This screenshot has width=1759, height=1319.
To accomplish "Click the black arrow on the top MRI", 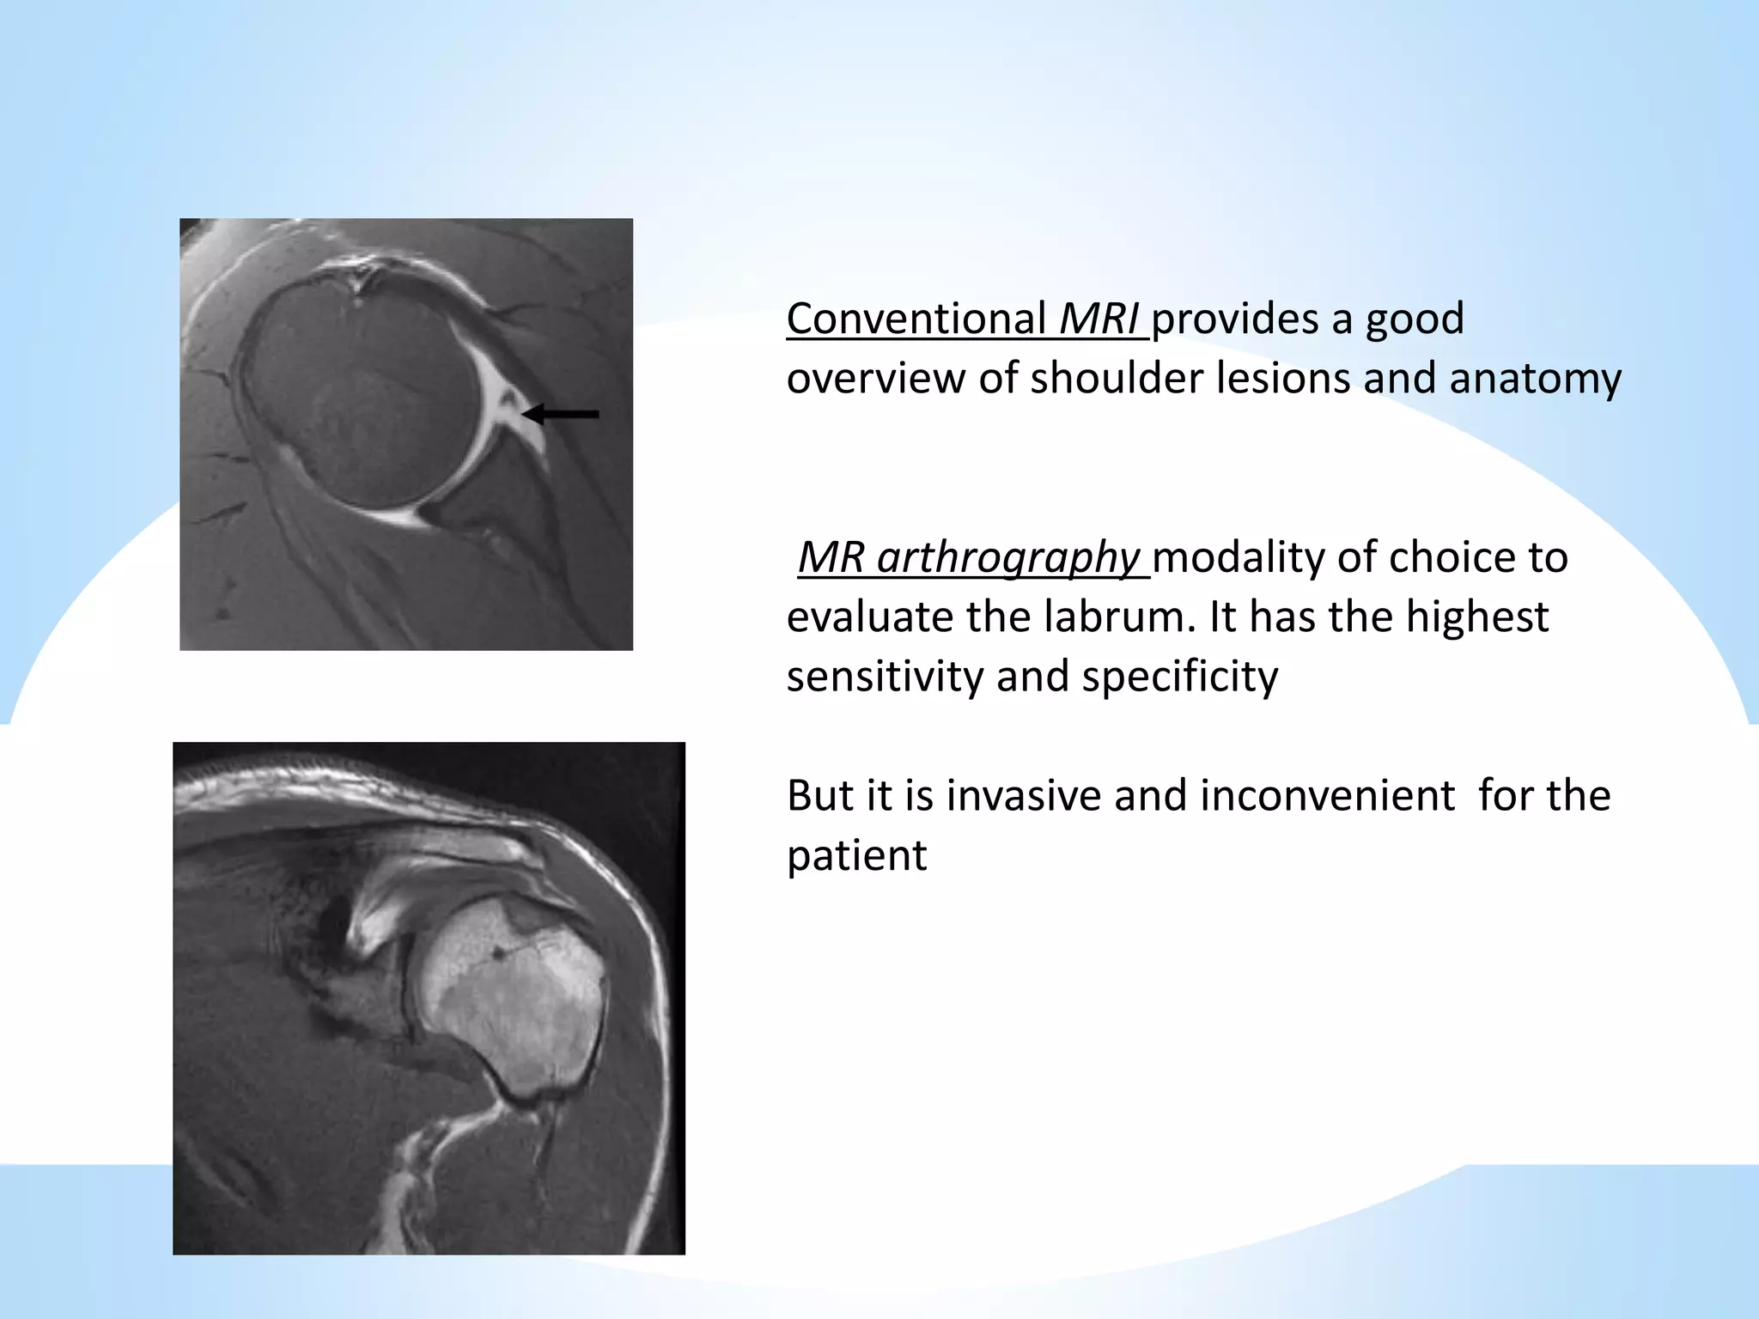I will point(560,415).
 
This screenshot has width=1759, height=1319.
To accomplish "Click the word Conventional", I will point(915,319).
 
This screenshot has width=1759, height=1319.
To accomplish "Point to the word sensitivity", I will point(885,676).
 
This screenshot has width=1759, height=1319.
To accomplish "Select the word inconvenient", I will point(1327,795).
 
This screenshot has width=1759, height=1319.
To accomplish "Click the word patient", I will point(856,855).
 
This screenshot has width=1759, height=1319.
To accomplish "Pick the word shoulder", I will point(1116,379).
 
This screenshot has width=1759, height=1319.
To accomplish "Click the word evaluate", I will point(869,617).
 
